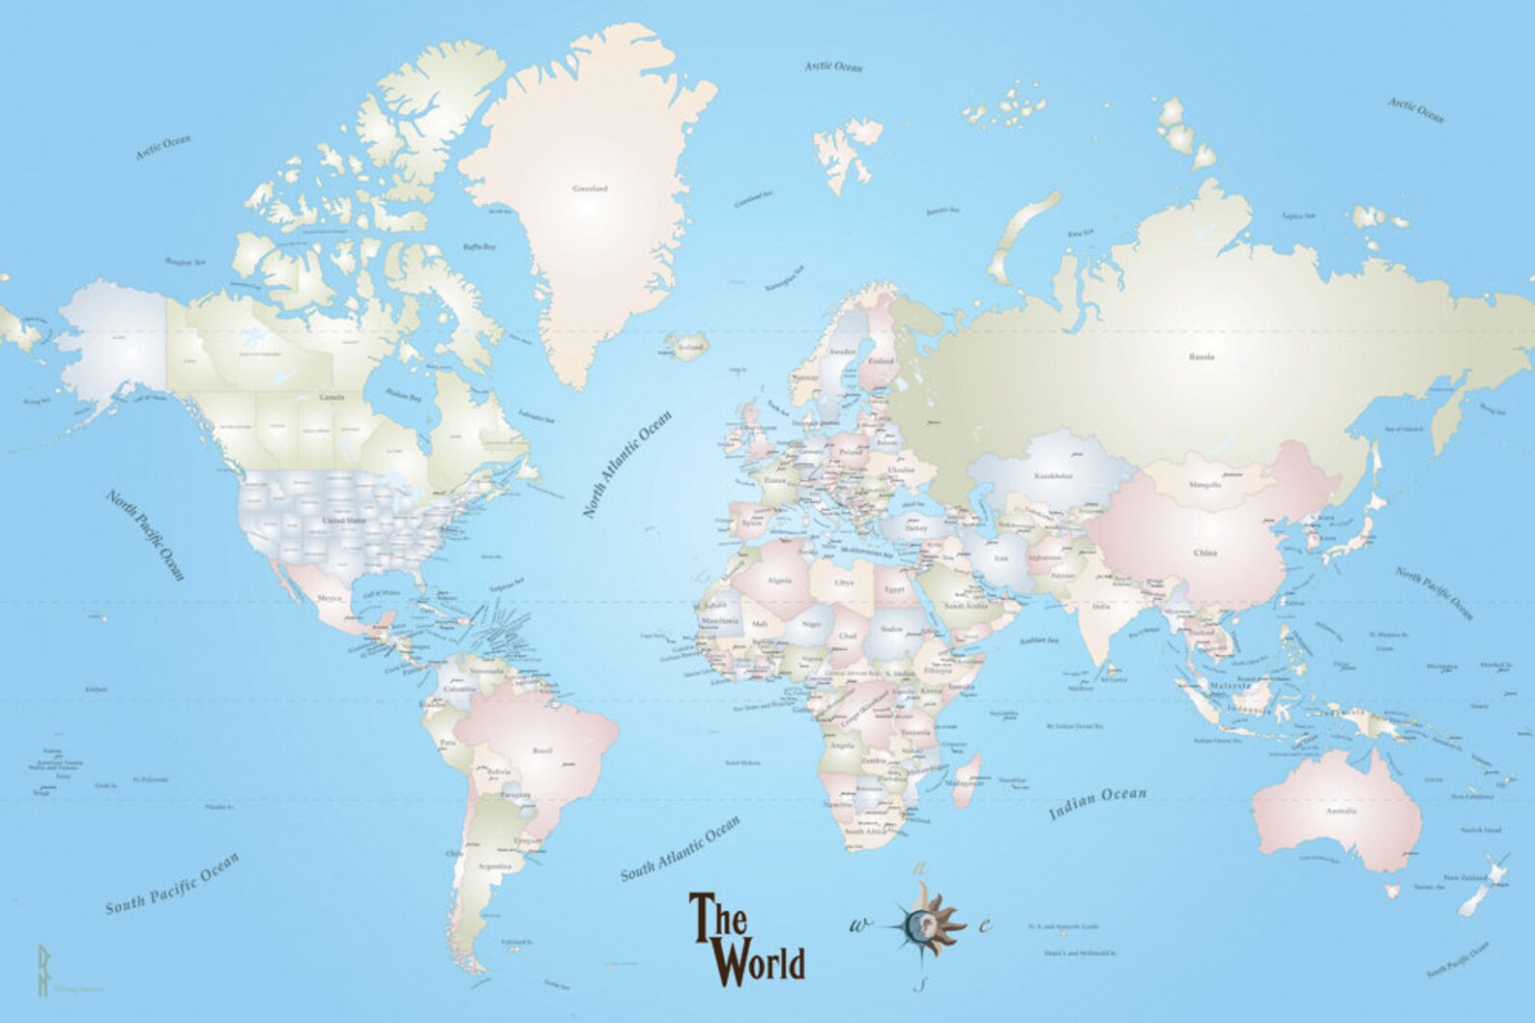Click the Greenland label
[590, 188]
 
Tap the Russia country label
[1202, 356]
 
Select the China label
[1204, 554]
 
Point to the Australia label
[1341, 810]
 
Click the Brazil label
[543, 749]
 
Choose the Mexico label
[330, 599]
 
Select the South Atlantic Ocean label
[680, 848]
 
